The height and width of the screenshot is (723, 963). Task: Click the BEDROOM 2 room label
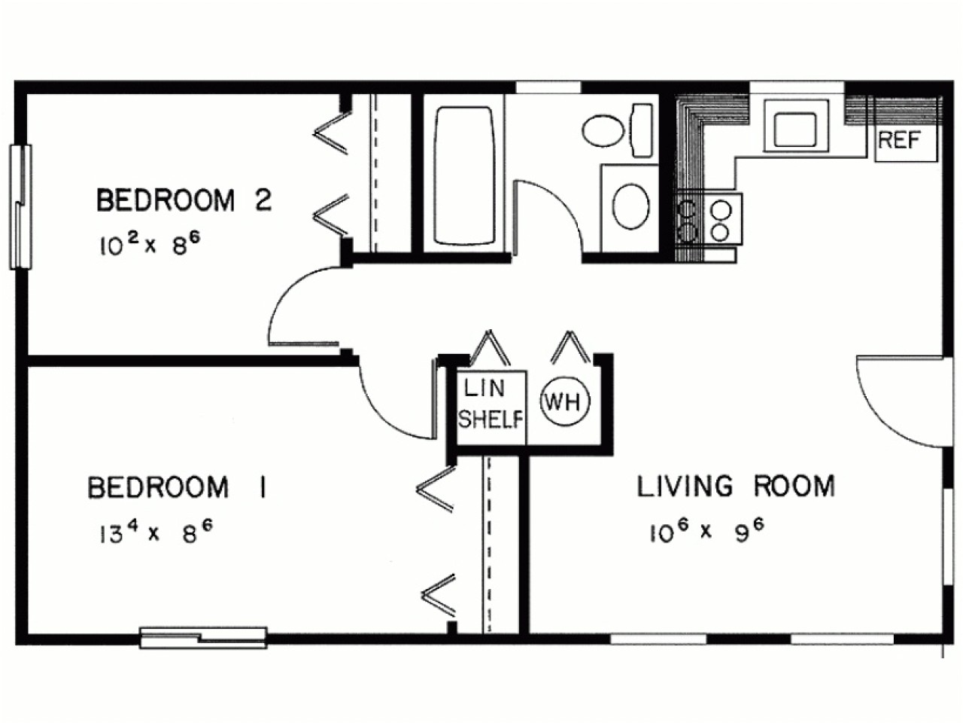[x=184, y=201]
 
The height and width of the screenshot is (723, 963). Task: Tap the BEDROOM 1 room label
[x=178, y=487]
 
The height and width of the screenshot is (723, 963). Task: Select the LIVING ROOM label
[x=736, y=487]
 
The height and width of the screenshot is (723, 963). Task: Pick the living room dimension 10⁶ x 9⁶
[x=706, y=532]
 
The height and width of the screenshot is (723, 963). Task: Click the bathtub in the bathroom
[x=464, y=175]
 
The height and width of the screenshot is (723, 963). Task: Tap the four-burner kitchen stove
[x=709, y=219]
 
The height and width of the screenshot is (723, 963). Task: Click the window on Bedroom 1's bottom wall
[x=204, y=637]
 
